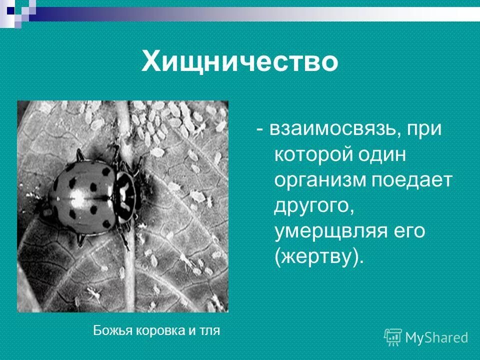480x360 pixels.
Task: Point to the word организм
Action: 320,180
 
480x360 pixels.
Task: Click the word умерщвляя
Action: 332,231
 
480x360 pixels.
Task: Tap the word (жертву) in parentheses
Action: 317,257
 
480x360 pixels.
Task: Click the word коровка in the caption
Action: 153,330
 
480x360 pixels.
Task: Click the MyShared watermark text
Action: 436,338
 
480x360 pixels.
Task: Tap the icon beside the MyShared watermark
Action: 393,337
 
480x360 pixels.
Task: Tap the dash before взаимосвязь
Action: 260,129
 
